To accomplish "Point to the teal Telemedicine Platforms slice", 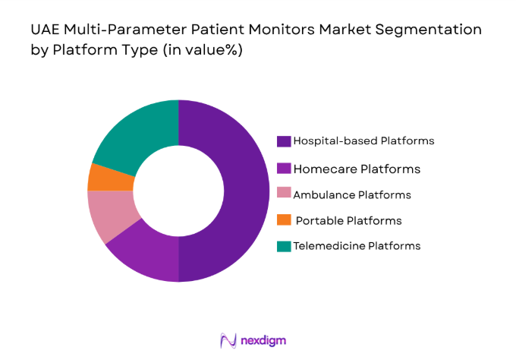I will coord(140,133).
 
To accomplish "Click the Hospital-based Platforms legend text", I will coord(363,141).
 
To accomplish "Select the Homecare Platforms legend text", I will coord(357,169).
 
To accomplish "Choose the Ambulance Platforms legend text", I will coord(352,194).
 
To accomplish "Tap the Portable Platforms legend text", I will coord(348,220).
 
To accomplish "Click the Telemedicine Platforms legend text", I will coord(357,245).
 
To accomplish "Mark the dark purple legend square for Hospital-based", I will coord(284,141).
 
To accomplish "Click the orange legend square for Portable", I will coord(284,220).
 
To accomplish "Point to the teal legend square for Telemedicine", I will coord(284,246).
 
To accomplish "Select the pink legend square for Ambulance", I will coord(284,195).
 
